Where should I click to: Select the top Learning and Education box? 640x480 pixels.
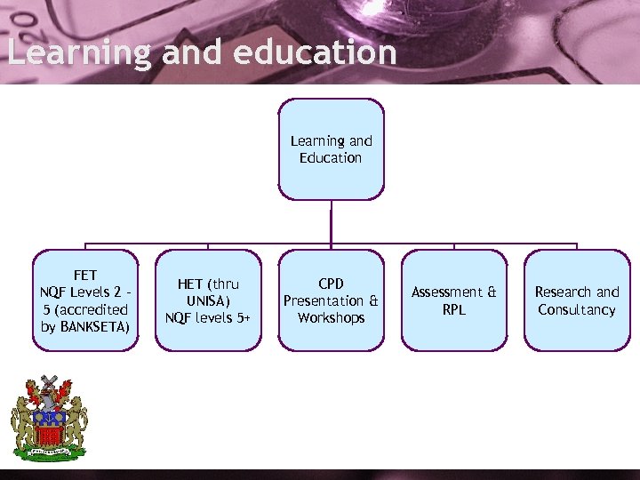pyautogui.click(x=331, y=148)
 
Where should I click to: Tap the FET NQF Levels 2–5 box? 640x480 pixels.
pyautogui.click(x=85, y=300)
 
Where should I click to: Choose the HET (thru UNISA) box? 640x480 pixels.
pyautogui.click(x=208, y=300)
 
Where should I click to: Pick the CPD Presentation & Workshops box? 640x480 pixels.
pyautogui.click(x=331, y=300)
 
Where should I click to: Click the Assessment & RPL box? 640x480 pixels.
pyautogui.click(x=453, y=300)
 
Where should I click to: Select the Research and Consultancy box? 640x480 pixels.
pyautogui.click(x=576, y=300)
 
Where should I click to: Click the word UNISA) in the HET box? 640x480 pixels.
pyautogui.click(x=208, y=300)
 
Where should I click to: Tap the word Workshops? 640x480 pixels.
pyautogui.click(x=331, y=317)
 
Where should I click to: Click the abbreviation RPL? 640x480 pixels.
pyautogui.click(x=453, y=309)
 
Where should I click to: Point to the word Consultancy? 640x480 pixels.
pyautogui.click(x=576, y=309)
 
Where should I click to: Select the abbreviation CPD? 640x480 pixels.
pyautogui.click(x=331, y=284)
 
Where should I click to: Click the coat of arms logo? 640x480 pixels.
pyautogui.click(x=49, y=418)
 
